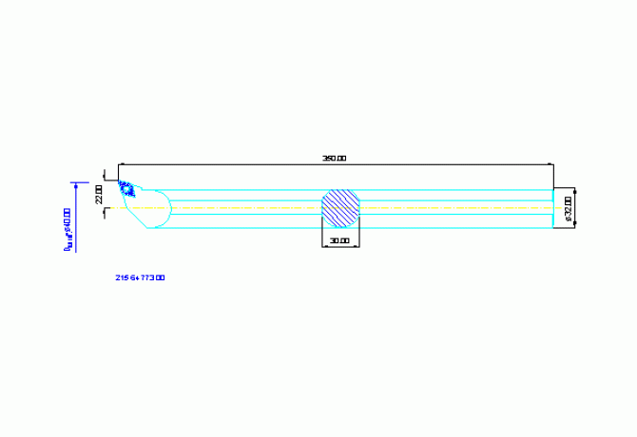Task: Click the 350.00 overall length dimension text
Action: click(x=335, y=159)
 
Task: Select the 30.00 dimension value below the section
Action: click(x=340, y=240)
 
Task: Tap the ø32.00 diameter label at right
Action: click(x=568, y=208)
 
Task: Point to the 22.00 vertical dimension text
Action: click(x=99, y=195)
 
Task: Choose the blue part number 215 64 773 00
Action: click(x=140, y=277)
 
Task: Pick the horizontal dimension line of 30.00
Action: click(x=340, y=246)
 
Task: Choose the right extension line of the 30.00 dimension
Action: click(x=360, y=237)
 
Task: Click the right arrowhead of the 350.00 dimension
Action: click(x=550, y=164)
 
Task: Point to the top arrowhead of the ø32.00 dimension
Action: click(x=574, y=191)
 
